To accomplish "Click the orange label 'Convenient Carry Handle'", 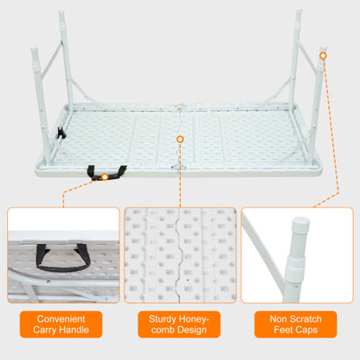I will [63, 324].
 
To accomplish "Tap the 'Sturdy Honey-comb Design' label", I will [179, 324].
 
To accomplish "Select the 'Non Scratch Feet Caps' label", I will [297, 324].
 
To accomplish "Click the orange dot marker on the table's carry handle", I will [105, 177].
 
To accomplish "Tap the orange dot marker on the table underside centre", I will [180, 138].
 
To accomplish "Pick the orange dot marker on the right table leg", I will [323, 56].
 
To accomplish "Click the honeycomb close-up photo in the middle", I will [180, 254].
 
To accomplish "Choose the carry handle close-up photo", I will [63, 254].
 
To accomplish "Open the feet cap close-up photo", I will [297, 254].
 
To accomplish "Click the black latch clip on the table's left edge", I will [61, 133].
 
